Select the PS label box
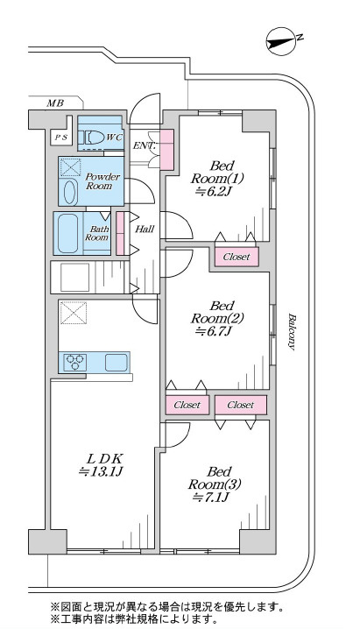61,138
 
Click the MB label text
55,103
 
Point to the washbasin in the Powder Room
69,192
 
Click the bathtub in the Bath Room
67,234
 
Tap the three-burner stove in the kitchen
75,362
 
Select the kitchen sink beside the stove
116,363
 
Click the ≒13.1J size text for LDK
100,471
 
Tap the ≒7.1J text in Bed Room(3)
211,498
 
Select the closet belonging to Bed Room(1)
236,257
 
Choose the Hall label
145,230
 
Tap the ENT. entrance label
145,145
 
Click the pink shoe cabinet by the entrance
167,149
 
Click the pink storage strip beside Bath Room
120,234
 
